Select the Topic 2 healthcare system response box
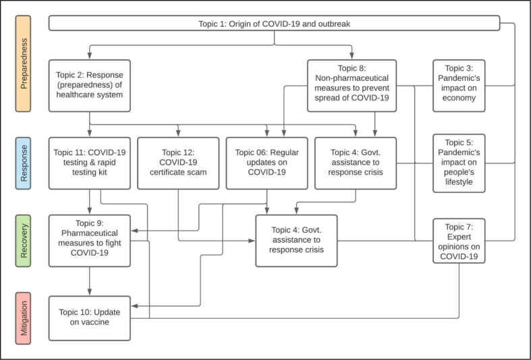tap(90, 86)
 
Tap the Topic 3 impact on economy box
tap(459, 84)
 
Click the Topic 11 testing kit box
tap(90, 163)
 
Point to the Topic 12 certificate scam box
tap(178, 163)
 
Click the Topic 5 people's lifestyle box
tap(459, 162)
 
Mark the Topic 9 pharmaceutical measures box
tap(90, 240)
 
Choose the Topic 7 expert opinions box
tap(459, 240)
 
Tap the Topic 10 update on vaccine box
tap(90, 317)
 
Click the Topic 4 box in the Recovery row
tap(296, 240)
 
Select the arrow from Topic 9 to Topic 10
tap(90, 280)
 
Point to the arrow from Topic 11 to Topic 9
tap(90, 202)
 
